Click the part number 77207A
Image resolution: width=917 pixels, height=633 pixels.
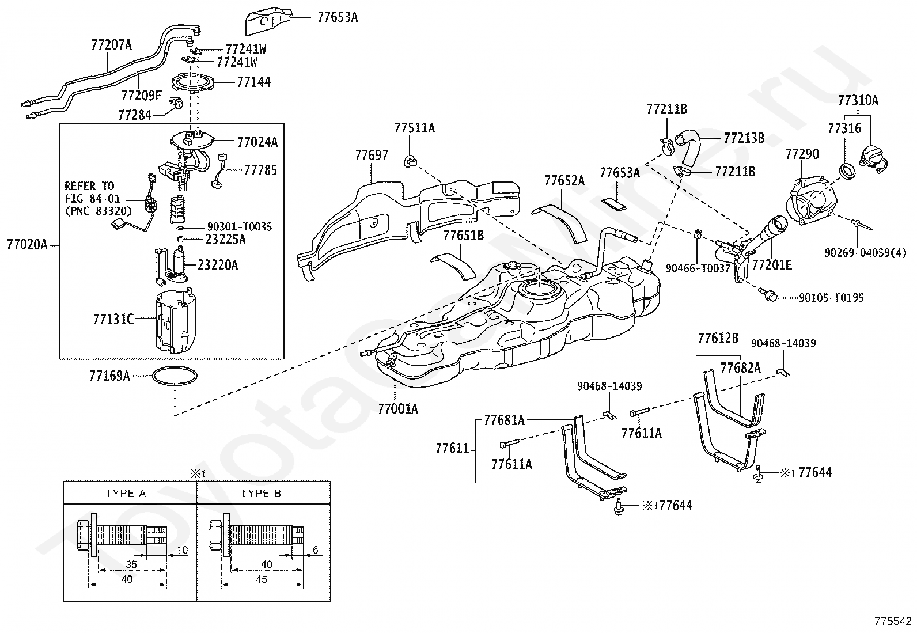111,44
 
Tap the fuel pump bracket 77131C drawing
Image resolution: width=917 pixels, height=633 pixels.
175,321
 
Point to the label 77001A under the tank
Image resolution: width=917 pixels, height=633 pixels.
397,408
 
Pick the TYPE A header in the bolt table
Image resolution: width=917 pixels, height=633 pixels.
125,494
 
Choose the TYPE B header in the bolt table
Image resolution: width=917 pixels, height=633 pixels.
261,494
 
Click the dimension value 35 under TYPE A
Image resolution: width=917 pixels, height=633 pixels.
131,564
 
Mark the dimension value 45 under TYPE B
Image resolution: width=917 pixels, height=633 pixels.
261,579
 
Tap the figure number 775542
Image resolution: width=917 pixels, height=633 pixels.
893,621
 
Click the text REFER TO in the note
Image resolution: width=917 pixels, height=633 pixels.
90,186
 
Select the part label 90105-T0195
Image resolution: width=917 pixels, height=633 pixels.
831,298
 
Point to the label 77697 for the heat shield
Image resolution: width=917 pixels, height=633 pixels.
372,156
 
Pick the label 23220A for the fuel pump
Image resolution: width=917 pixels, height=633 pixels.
217,265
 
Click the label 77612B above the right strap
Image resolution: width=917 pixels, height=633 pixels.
718,338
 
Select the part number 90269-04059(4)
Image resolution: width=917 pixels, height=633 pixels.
865,253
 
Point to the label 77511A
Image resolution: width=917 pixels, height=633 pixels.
414,128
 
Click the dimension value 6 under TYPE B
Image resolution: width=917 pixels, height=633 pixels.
315,550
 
